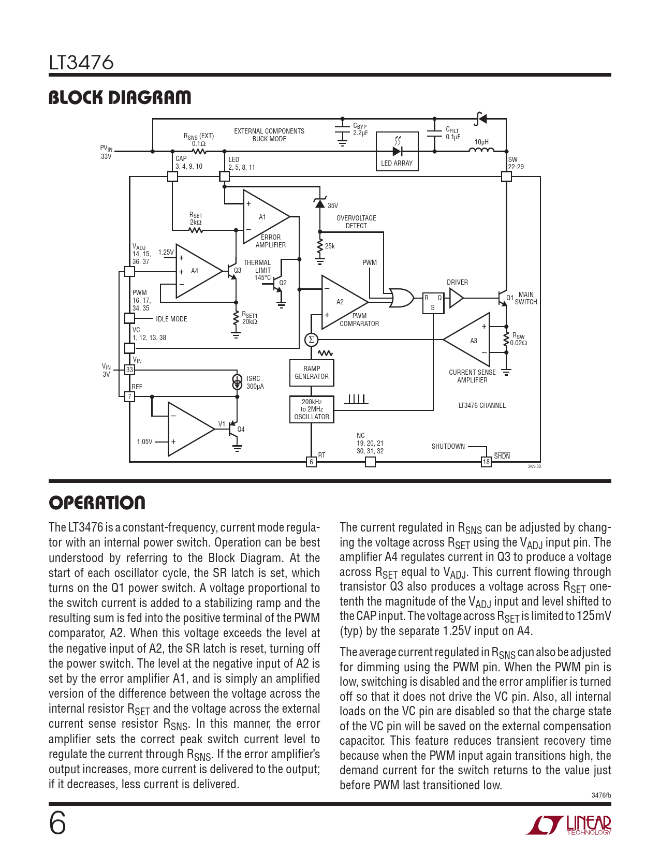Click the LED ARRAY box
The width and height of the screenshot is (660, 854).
(397, 151)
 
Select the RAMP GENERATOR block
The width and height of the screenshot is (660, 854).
(311, 373)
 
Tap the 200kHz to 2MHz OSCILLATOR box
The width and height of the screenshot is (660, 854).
(311, 409)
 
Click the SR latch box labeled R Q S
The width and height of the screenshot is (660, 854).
(433, 302)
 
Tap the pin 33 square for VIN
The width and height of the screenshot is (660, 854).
(129, 370)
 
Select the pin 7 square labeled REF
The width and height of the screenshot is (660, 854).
(129, 396)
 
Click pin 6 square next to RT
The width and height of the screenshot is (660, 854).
(311, 462)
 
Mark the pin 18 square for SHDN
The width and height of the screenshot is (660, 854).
(486, 462)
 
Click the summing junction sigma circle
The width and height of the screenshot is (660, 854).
(311, 340)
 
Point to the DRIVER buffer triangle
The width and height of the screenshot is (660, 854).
(456, 298)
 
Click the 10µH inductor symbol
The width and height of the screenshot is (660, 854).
(481, 150)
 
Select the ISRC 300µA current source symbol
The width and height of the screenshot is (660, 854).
(237, 382)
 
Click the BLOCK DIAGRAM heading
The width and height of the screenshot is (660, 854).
(120, 97)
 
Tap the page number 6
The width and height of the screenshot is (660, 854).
(57, 823)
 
